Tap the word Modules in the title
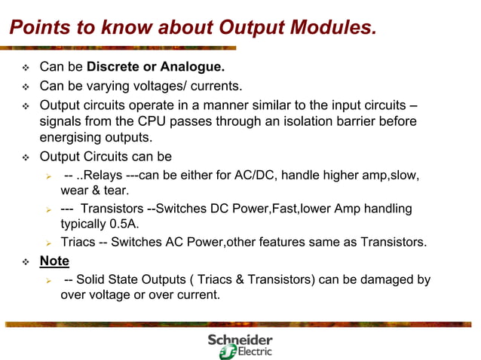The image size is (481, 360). click(331, 27)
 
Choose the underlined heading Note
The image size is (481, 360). click(54, 261)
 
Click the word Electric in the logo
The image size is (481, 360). click(254, 352)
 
